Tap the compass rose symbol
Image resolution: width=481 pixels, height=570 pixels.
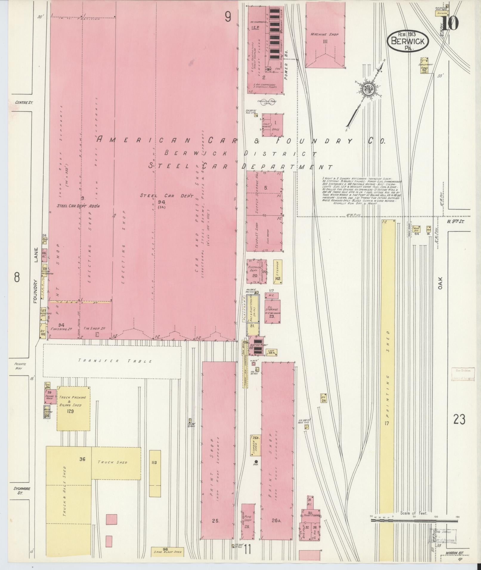tap(367, 90)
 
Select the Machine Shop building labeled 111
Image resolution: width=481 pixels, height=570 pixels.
tap(325, 36)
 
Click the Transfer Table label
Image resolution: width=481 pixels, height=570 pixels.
tap(115, 361)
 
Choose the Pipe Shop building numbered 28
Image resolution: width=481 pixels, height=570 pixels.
tap(248, 521)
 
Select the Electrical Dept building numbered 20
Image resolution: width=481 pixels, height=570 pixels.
tap(254, 271)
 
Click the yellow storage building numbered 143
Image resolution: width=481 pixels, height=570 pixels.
tap(278, 271)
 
